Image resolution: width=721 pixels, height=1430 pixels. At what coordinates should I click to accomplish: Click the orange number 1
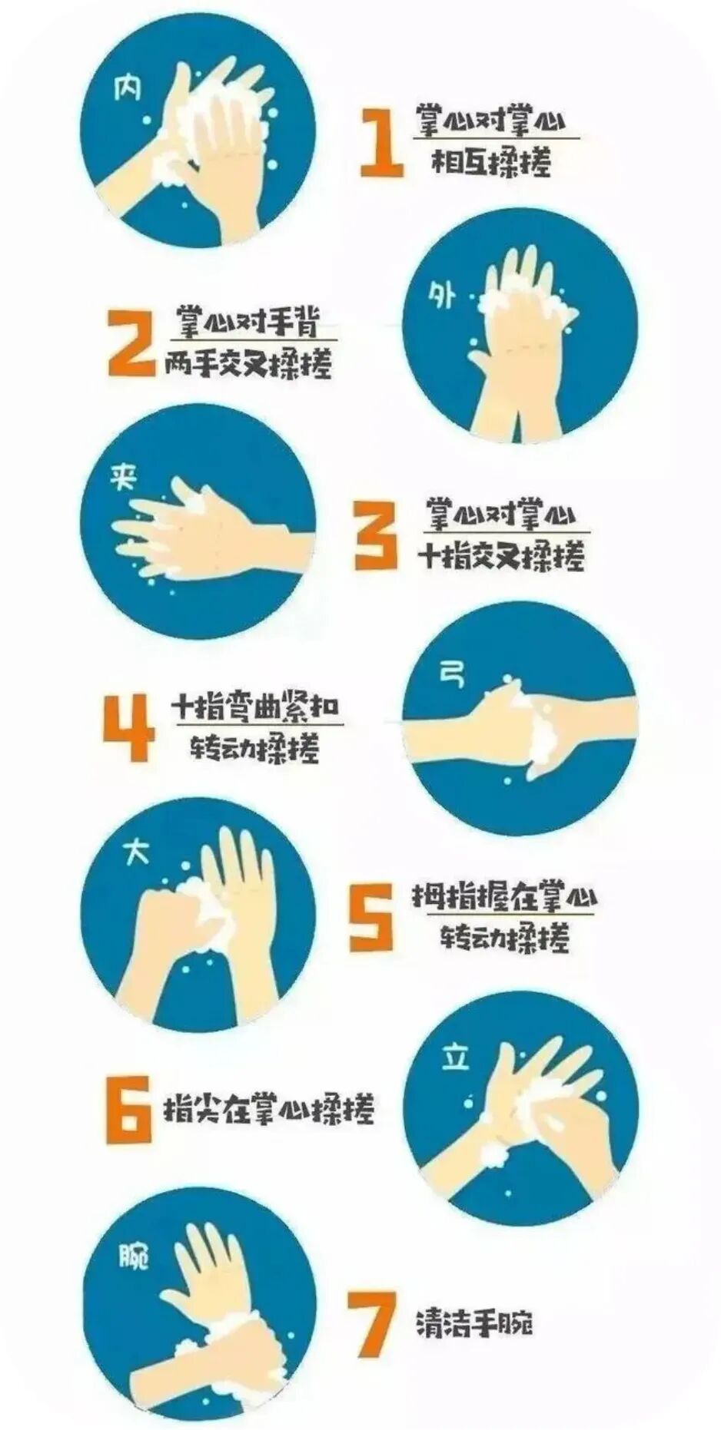[383, 143]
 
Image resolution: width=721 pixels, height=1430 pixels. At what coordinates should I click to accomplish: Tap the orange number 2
[131, 343]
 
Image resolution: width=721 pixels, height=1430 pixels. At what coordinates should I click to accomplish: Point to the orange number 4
[128, 727]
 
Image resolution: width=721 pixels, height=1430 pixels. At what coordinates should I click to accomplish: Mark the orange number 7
[372, 1324]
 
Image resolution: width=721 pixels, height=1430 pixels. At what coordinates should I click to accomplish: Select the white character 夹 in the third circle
[124, 478]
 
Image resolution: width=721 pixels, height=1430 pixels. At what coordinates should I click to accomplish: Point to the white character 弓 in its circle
[451, 674]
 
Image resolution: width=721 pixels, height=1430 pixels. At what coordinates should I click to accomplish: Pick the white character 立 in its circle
[455, 1058]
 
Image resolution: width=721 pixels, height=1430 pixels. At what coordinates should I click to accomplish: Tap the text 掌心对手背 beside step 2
[248, 322]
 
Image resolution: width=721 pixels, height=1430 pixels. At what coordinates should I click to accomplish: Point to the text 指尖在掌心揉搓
[269, 1109]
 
